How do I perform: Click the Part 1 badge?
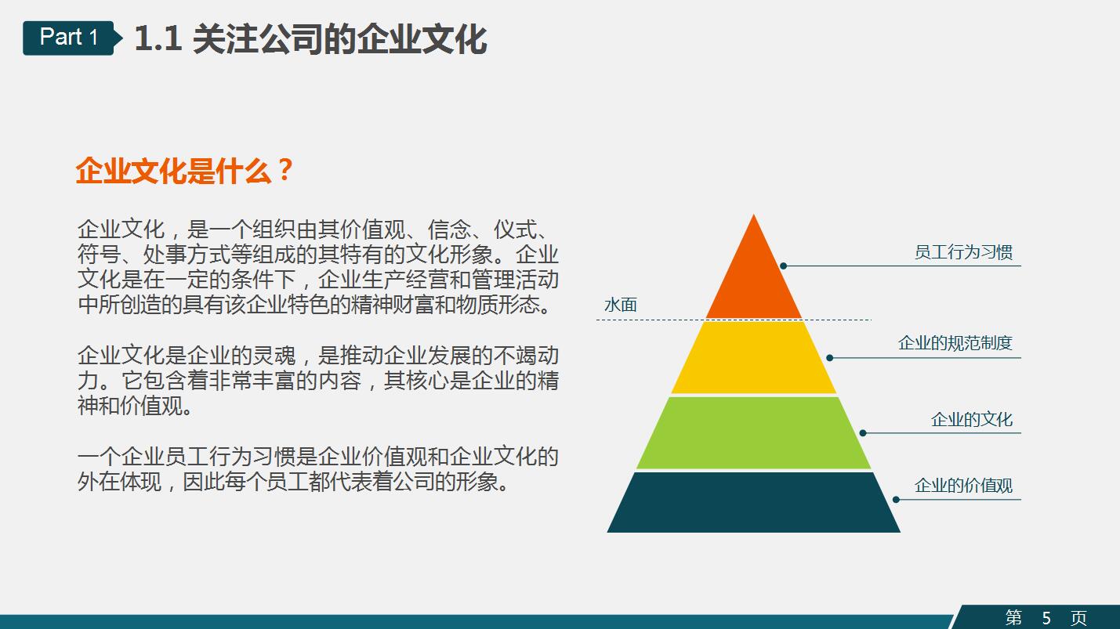click(x=69, y=37)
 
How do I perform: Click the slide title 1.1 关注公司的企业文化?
click(x=310, y=39)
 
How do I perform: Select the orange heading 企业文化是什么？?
click(x=184, y=171)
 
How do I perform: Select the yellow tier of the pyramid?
click(x=754, y=357)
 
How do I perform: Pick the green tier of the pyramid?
click(x=754, y=432)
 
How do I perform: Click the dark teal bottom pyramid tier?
click(x=754, y=502)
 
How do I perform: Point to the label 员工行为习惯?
click(x=963, y=252)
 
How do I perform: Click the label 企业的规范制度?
click(x=955, y=343)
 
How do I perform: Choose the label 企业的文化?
click(x=971, y=419)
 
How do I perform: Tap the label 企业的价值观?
click(x=963, y=486)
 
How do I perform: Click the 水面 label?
click(x=620, y=305)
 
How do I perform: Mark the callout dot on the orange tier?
click(x=783, y=266)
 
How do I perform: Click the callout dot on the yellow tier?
click(x=829, y=358)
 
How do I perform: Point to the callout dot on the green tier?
click(x=862, y=433)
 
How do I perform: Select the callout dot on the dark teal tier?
click(x=896, y=500)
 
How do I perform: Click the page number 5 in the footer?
click(x=1046, y=618)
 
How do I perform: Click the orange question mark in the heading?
click(x=285, y=171)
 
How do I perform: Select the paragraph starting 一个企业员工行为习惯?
click(x=317, y=468)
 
